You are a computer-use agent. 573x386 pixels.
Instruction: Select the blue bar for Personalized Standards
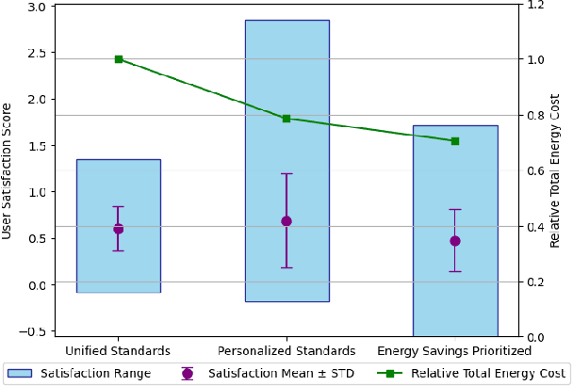point(286,94)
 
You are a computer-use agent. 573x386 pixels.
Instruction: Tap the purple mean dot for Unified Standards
point(118,229)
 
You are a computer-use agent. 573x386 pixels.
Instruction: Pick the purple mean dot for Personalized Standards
point(286,221)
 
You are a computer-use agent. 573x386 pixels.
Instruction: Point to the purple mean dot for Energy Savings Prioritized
point(455,241)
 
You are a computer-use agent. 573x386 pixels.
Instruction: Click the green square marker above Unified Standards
point(119,59)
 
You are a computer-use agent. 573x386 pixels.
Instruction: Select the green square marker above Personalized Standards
point(286,119)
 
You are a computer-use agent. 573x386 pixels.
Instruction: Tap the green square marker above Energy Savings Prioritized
point(455,141)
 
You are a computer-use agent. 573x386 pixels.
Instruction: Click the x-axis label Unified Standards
point(118,351)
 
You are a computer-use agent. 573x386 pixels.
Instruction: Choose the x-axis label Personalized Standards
point(286,351)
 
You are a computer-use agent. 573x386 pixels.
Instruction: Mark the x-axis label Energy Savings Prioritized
point(455,351)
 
